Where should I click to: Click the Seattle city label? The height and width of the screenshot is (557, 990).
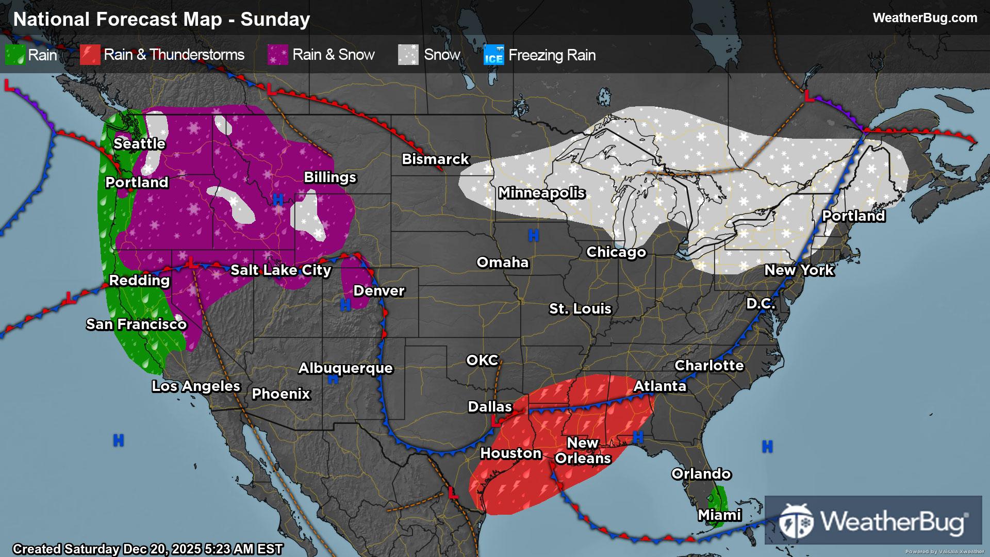tap(139, 143)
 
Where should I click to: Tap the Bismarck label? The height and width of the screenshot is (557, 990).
tap(435, 159)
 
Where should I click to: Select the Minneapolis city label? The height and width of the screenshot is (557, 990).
tap(541, 193)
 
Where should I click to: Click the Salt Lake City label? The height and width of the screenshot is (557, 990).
tap(280, 270)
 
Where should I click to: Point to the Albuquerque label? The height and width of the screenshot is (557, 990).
tap(345, 368)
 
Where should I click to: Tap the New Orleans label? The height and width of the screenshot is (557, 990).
tap(583, 450)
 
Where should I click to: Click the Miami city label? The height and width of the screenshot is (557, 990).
tap(719, 515)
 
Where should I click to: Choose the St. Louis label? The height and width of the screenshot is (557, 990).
tap(580, 308)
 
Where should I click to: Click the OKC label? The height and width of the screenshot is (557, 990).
tap(482, 360)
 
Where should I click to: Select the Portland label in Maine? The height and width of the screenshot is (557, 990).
tap(853, 216)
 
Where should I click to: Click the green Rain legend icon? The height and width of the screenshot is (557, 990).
tap(15, 55)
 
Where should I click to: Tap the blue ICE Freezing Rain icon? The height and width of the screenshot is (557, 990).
tap(493, 55)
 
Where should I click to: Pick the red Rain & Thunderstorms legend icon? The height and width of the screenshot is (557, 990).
tap(90, 55)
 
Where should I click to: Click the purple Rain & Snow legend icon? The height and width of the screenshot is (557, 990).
tap(277, 55)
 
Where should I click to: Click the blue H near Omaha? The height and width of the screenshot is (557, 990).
tap(533, 236)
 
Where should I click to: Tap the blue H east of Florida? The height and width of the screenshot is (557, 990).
tap(767, 446)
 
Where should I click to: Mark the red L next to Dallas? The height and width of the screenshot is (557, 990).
tap(496, 422)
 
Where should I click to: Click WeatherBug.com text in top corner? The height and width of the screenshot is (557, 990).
tap(925, 18)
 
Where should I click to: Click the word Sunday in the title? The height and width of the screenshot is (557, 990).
tap(275, 19)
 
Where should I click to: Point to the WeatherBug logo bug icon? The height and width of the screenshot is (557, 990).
tap(796, 521)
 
